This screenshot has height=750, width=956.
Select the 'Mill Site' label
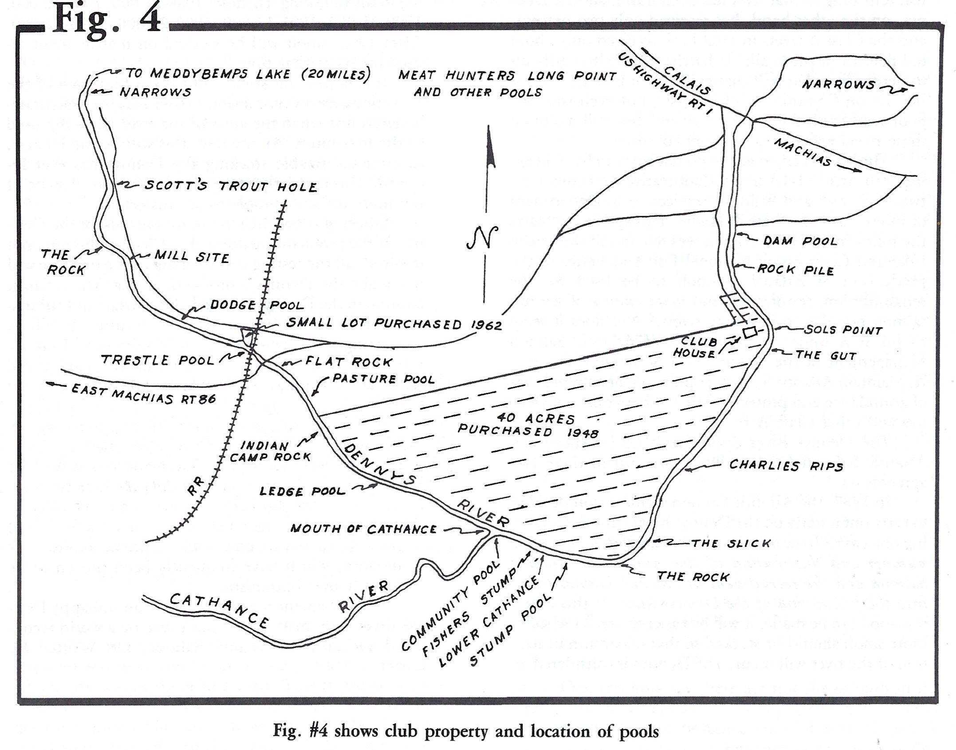pos(192,257)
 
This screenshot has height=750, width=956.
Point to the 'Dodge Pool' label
pos(257,305)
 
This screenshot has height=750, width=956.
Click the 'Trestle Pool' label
pos(158,359)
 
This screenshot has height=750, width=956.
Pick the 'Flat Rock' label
pos(349,362)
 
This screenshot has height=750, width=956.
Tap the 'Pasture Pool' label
pos(384,380)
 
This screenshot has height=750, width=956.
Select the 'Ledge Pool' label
pos(302,491)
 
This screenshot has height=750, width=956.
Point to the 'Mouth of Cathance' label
pos(363,529)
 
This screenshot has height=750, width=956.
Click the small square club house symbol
pos(750,332)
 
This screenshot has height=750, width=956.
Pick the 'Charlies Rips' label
pos(786,465)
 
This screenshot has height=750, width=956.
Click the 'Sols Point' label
pos(842,331)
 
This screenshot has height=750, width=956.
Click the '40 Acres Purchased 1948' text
pos(528,425)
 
